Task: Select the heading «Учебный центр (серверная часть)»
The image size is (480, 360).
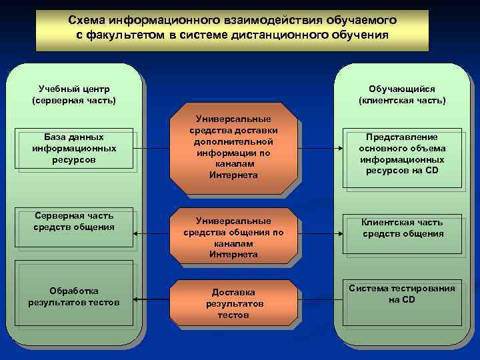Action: point(74,94)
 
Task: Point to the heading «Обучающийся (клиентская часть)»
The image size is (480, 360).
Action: point(401,94)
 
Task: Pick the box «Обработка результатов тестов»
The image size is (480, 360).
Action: point(74,297)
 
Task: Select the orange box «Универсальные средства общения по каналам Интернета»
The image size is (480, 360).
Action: point(233,237)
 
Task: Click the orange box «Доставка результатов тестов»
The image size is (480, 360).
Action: point(233,303)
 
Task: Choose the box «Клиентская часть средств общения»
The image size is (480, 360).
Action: point(401,228)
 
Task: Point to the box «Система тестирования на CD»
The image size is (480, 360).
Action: point(401,293)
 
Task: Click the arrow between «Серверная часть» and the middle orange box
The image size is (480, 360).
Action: point(151,234)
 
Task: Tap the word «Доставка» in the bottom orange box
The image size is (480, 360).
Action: point(233,292)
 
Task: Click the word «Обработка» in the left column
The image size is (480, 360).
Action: point(74,291)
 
